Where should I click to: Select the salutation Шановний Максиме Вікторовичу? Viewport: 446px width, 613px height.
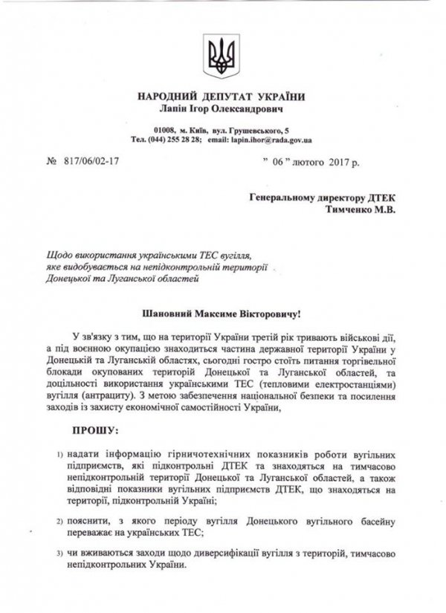pyautogui.click(x=221, y=315)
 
